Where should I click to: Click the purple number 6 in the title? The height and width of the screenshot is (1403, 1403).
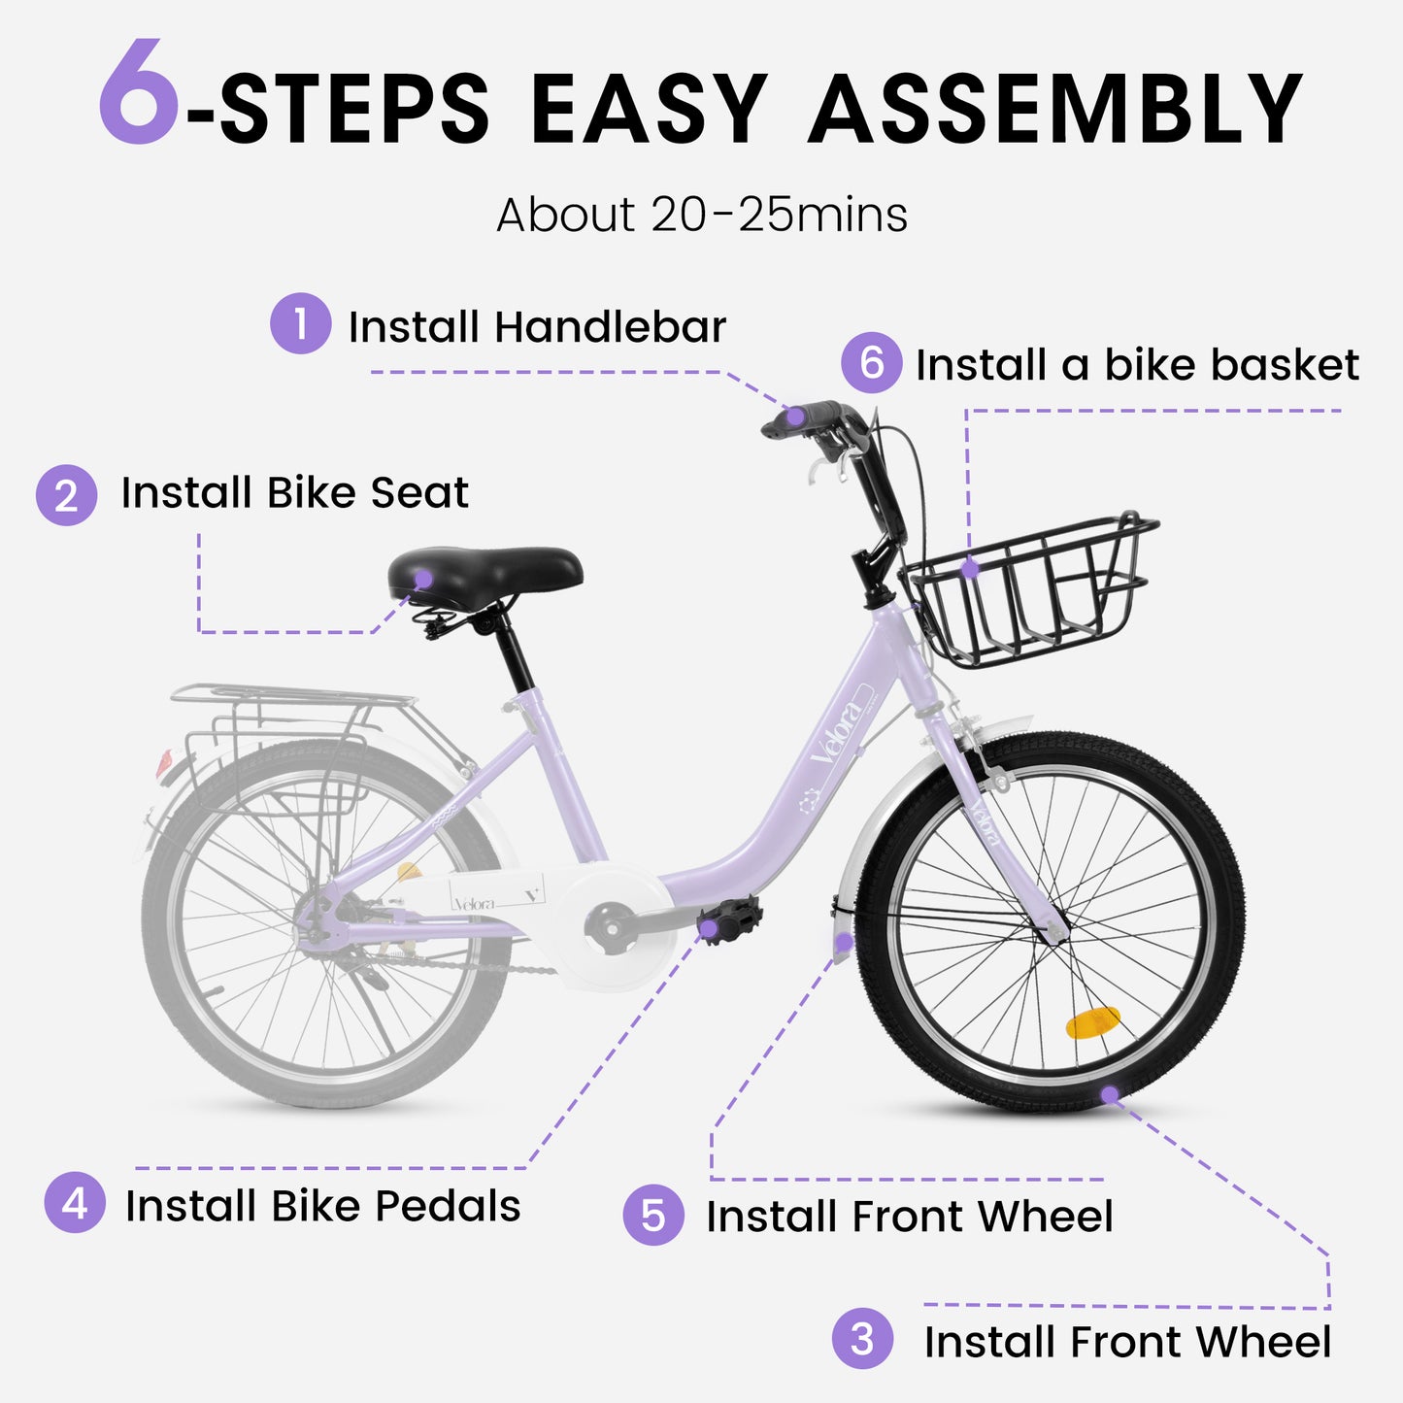[x=139, y=94]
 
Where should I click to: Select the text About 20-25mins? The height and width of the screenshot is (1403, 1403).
[x=702, y=215]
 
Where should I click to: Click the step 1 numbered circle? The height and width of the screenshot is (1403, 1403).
[x=300, y=323]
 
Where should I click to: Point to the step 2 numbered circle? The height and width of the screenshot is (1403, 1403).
[x=66, y=495]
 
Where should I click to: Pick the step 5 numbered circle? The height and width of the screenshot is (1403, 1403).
[x=653, y=1215]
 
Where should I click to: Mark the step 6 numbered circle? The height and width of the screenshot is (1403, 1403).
[x=871, y=363]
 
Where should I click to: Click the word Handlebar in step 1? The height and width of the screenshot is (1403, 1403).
[x=610, y=327]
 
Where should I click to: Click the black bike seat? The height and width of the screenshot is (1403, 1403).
[x=484, y=573]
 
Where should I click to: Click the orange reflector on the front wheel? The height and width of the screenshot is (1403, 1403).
[x=1092, y=1022]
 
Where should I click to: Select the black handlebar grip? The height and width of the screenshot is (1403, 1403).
[x=802, y=418]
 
